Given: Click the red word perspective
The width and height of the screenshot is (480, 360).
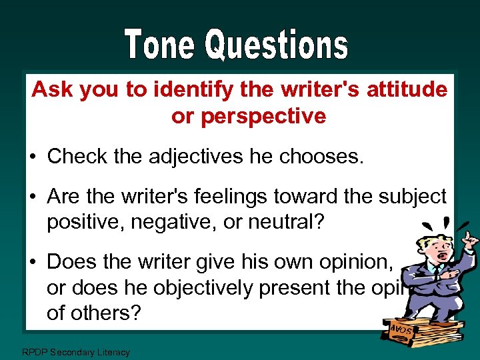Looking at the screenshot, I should coord(249,116).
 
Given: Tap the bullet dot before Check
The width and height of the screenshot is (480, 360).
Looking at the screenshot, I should coord(33,157).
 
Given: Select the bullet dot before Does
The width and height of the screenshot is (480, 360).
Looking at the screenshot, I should coord(33,262).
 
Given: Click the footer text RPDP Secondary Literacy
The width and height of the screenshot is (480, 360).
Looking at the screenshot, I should coord(75,351).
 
